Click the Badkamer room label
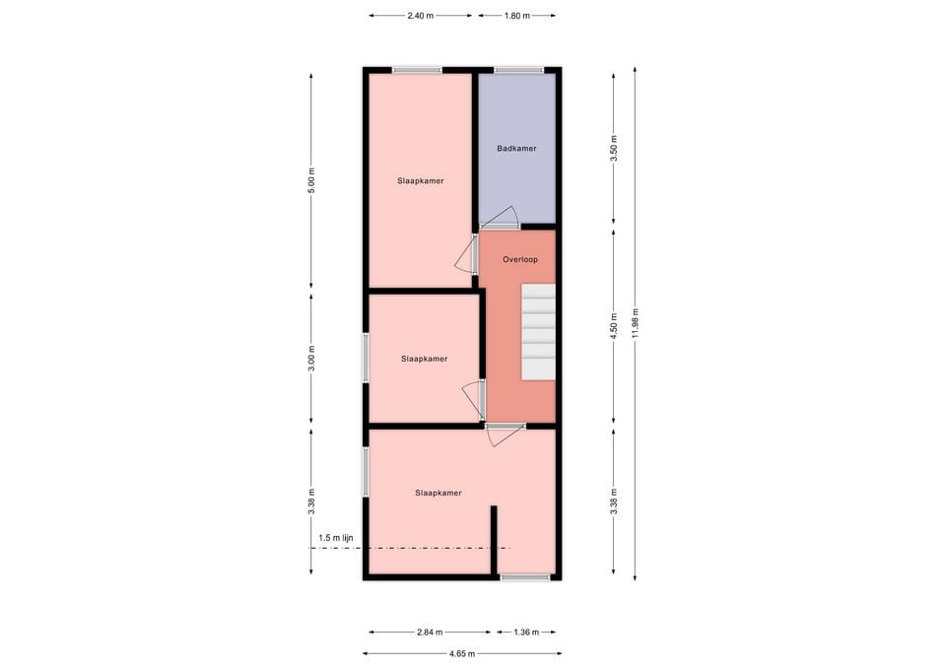(516, 149)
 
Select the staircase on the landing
(538, 331)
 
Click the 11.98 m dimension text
(637, 324)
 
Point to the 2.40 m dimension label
(421, 16)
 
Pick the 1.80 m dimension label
(516, 16)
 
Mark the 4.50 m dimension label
(613, 327)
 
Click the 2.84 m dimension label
(429, 633)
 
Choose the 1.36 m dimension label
(526, 633)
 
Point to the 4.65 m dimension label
(461, 653)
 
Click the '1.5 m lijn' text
(336, 537)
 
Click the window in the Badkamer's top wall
(518, 70)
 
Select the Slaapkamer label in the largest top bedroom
(421, 181)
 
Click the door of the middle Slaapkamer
(474, 398)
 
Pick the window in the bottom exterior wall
(525, 577)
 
